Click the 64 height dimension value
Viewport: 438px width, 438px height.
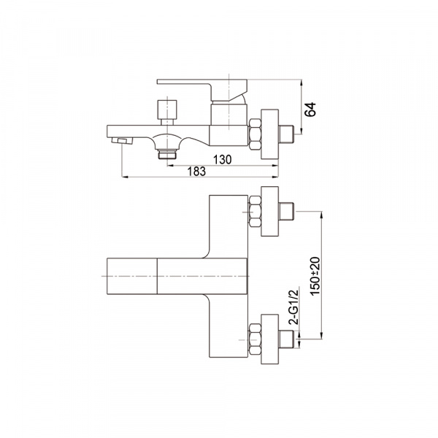[x=310, y=109]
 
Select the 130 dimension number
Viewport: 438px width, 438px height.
[x=223, y=159]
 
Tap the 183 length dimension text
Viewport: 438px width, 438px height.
[x=196, y=172]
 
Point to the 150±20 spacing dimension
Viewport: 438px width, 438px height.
[x=315, y=276]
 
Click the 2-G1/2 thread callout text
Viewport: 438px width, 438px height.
[x=293, y=307]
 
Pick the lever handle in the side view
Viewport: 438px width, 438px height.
[x=202, y=89]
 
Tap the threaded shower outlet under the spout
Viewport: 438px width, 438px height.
[x=167, y=154]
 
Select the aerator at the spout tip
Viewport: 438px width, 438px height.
[x=122, y=141]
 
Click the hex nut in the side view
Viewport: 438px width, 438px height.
[x=255, y=134]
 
